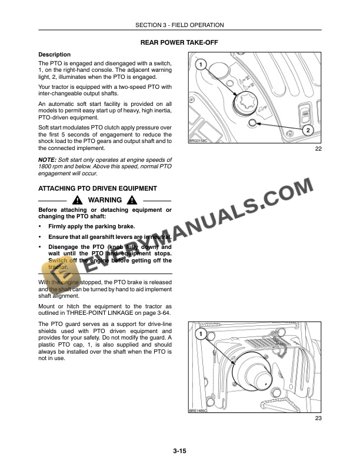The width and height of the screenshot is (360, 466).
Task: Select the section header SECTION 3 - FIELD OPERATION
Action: (x=179, y=25)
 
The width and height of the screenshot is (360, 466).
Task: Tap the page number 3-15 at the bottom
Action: (x=179, y=451)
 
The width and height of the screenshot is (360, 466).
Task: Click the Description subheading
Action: (x=54, y=55)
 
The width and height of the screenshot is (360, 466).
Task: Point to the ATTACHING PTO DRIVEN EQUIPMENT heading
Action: (x=97, y=188)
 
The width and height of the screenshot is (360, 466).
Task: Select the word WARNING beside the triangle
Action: (x=105, y=200)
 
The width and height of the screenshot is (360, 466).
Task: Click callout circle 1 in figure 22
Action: (x=200, y=64)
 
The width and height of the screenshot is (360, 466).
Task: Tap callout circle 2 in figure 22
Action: (x=308, y=129)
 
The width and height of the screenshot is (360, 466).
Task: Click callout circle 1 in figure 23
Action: (x=200, y=335)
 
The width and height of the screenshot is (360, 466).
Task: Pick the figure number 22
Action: (x=318, y=149)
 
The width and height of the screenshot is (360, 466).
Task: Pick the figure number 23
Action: (x=318, y=418)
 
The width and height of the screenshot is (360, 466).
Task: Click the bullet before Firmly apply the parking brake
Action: (x=39, y=227)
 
